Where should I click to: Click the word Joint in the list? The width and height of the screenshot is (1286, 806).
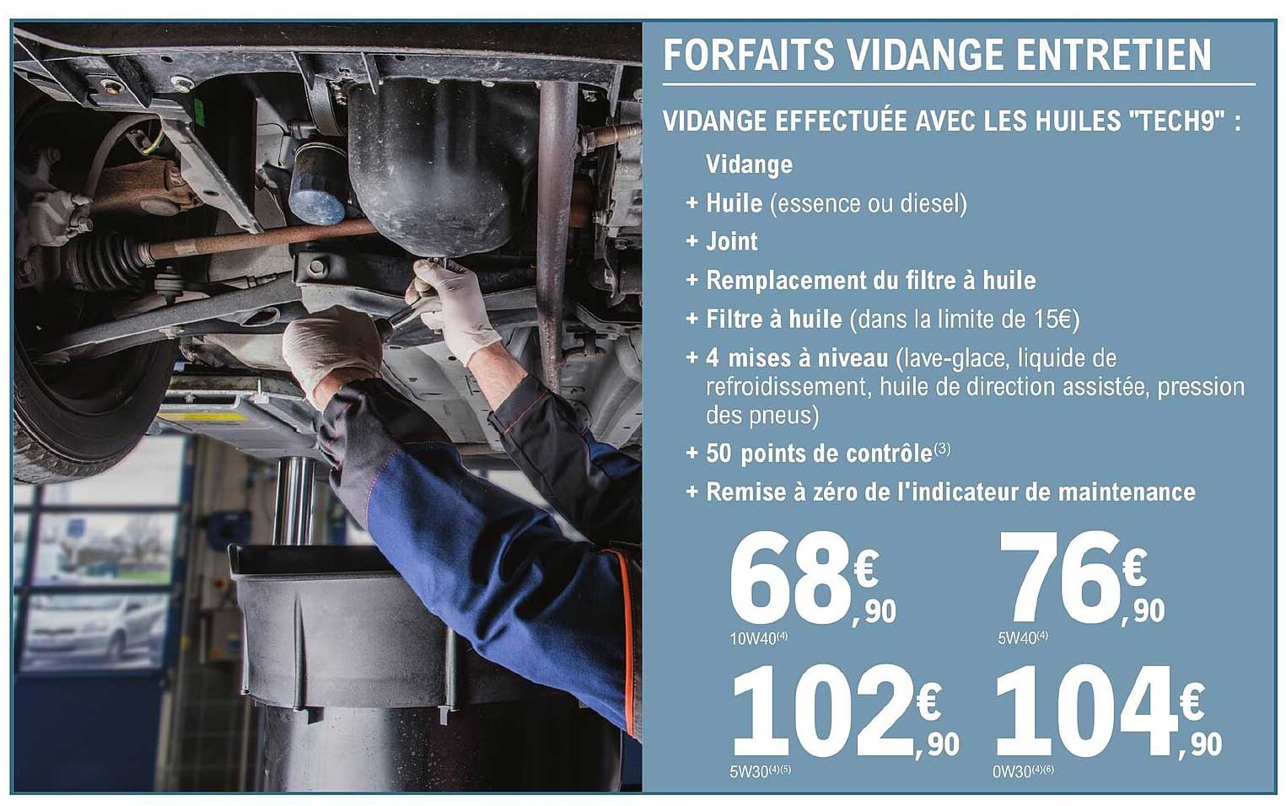(x=731, y=242)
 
